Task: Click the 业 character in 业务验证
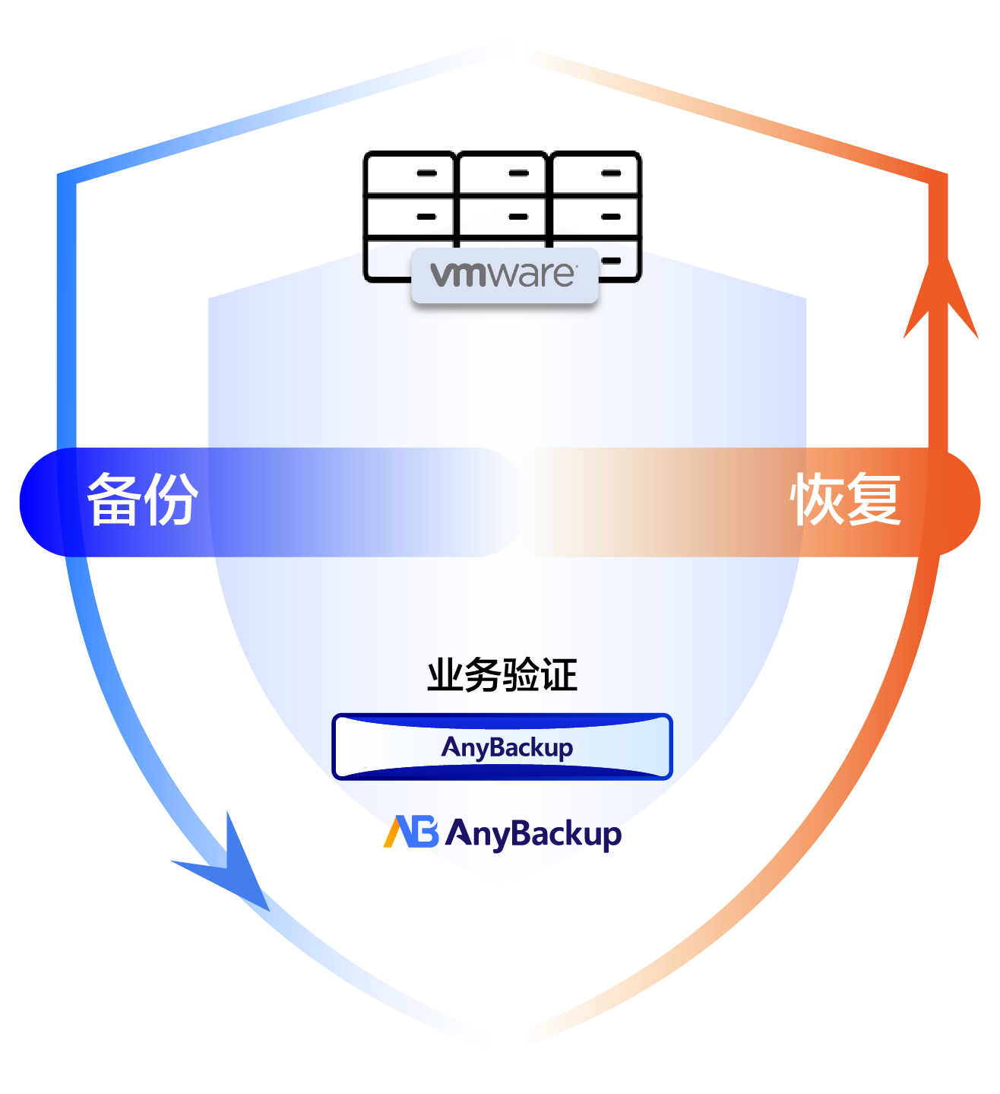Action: [x=445, y=675]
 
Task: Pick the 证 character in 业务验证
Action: [x=559, y=675]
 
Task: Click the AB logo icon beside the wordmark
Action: [x=411, y=832]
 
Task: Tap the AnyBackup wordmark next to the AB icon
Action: [x=533, y=834]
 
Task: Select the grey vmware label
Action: [x=505, y=275]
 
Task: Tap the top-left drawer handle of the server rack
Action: [x=427, y=173]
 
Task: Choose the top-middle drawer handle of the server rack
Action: [x=518, y=173]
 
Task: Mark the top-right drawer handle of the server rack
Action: [x=611, y=173]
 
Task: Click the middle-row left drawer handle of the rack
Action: [x=426, y=217]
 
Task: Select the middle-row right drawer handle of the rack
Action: [x=611, y=217]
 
